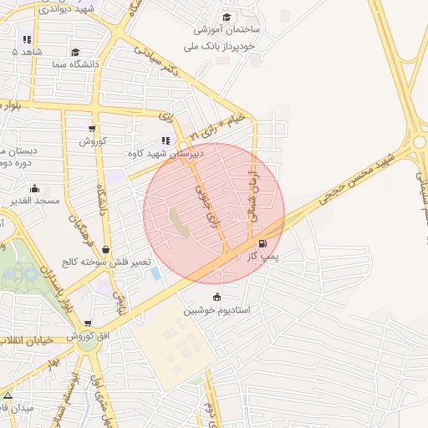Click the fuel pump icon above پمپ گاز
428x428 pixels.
tap(263, 244)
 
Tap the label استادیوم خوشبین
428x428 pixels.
tap(217, 310)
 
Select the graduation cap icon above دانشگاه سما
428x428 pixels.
tap(76, 52)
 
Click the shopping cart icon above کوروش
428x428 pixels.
tap(92, 129)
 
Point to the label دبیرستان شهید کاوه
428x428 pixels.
tap(159, 154)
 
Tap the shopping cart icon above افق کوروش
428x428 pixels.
tap(88, 324)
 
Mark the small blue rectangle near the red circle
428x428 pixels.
tap(155, 273)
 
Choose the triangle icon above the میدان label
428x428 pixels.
tap(8, 395)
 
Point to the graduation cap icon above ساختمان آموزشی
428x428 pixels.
tap(227, 17)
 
